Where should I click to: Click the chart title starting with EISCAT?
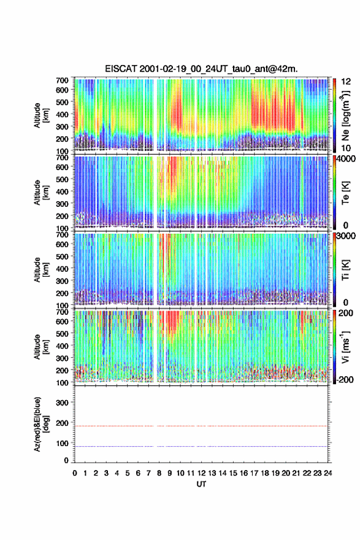(201, 69)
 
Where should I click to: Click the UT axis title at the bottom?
(201, 484)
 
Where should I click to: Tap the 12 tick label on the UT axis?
(201, 473)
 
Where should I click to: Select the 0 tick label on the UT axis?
(75, 473)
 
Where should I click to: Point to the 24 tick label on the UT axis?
(328, 473)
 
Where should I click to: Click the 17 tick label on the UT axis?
(254, 473)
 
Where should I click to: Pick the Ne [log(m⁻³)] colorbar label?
(345, 115)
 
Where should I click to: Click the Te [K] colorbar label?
(345, 193)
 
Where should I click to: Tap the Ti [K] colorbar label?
(345, 270)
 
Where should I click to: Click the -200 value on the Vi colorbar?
(343, 379)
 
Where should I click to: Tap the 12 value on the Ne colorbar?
(346, 82)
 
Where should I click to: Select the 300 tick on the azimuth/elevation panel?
(63, 403)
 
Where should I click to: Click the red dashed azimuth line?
(201, 426)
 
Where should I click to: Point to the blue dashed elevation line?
(201, 446)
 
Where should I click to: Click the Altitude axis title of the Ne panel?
(41, 115)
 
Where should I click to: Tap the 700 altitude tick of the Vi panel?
(63, 312)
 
